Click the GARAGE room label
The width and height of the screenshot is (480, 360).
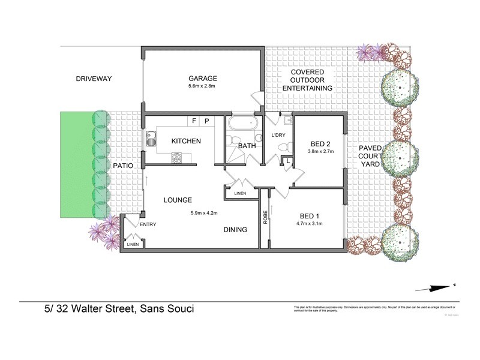pyautogui.click(x=202, y=79)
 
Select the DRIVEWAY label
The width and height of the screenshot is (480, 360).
pyautogui.click(x=94, y=79)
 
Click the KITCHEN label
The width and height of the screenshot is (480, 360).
pyautogui.click(x=186, y=141)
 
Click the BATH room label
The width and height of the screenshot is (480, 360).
pyautogui.click(x=247, y=146)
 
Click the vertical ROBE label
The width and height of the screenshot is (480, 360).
pyautogui.click(x=265, y=217)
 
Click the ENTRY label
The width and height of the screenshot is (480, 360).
pyautogui.click(x=148, y=224)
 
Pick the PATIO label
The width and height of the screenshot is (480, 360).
pyautogui.click(x=122, y=165)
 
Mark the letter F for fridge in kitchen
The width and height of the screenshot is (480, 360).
pyautogui.click(x=194, y=121)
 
